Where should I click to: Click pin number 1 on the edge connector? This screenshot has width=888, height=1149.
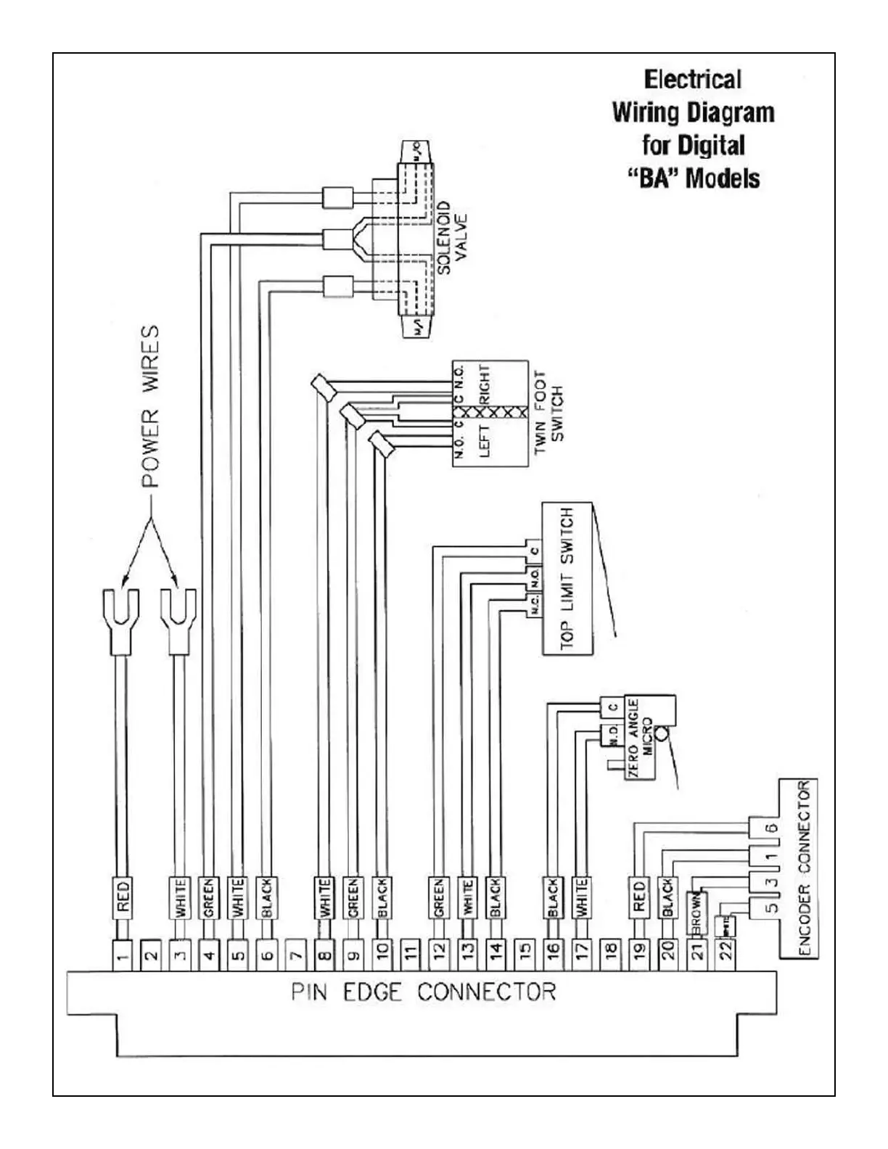point(123,955)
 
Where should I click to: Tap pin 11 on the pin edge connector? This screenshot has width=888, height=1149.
point(411,955)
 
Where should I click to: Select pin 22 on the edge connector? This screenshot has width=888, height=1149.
point(726,955)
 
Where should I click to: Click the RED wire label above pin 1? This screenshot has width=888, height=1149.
point(123,896)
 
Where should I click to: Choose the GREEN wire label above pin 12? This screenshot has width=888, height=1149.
point(439,898)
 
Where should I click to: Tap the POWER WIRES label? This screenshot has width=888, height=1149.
point(150,406)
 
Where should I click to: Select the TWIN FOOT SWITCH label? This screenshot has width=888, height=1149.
point(548,412)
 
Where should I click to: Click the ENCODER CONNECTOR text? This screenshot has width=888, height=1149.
point(803,869)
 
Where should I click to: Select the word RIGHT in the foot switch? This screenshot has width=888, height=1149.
point(485,384)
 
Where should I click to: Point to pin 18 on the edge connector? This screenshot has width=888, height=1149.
point(611,955)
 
